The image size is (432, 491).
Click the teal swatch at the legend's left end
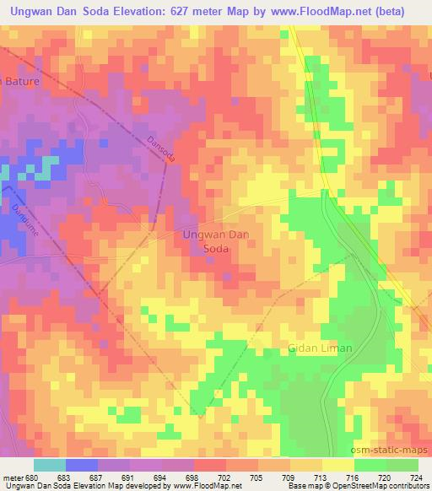point(50,465)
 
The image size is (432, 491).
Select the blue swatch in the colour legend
point(82,465)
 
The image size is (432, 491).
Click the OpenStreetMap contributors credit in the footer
point(381,485)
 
